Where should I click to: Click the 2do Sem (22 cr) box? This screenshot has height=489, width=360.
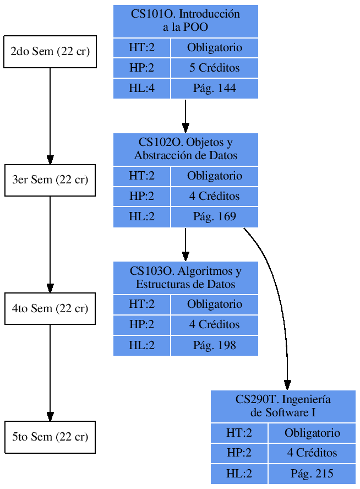[50, 52]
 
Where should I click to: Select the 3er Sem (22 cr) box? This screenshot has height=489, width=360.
[50, 180]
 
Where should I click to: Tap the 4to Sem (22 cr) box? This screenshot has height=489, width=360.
[50, 308]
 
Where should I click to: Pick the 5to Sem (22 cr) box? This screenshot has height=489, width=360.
[50, 437]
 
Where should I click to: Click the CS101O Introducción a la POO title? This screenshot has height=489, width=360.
[186, 21]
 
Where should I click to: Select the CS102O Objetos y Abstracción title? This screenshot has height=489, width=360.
[186, 149]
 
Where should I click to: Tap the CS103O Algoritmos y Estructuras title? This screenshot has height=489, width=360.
[186, 278]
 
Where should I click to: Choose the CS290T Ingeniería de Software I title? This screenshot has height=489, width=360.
[283, 406]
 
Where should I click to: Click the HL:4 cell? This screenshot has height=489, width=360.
[141, 89]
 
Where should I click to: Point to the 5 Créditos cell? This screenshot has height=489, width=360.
[214, 68]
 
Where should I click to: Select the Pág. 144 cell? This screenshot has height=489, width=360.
[214, 89]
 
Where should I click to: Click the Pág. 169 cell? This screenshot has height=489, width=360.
[214, 217]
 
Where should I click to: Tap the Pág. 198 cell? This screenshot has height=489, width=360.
[214, 346]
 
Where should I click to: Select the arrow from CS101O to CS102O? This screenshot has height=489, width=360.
[186, 116]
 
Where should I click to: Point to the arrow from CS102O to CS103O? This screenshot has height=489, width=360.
[186, 244]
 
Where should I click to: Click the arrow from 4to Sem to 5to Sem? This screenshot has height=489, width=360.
[50, 373]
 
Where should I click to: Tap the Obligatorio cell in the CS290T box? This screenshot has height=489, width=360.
[312, 433]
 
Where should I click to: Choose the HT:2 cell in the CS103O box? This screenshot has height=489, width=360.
[141, 305]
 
